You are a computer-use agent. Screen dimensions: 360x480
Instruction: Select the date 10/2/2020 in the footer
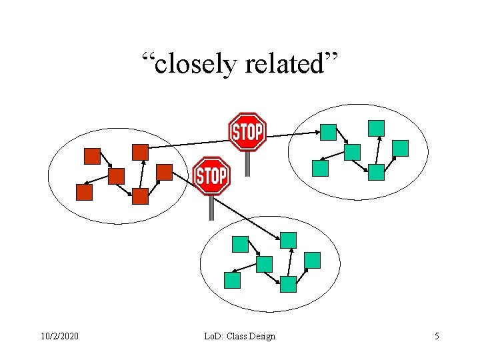(59, 336)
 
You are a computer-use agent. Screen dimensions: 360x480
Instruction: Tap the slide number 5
(437, 336)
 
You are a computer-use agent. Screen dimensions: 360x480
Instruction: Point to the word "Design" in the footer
(261, 336)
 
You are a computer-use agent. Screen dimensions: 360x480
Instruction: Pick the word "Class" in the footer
(235, 336)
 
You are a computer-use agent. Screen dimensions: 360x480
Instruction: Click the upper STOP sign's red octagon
(247, 132)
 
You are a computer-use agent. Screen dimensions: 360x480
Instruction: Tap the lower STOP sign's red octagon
(211, 176)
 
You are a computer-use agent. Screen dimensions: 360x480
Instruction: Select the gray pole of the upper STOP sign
(247, 163)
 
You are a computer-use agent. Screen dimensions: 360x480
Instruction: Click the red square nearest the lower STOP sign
(164, 172)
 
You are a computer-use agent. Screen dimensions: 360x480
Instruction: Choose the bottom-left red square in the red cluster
(84, 193)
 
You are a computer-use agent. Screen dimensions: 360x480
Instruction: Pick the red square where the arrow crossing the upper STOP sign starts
(140, 152)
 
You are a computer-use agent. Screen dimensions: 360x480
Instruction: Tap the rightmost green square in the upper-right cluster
(400, 148)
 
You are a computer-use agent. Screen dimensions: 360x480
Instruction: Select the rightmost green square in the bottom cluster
(312, 260)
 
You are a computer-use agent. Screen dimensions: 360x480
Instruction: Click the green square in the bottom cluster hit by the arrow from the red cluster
(288, 240)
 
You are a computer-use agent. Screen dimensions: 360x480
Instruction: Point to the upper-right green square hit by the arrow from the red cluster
(328, 132)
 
